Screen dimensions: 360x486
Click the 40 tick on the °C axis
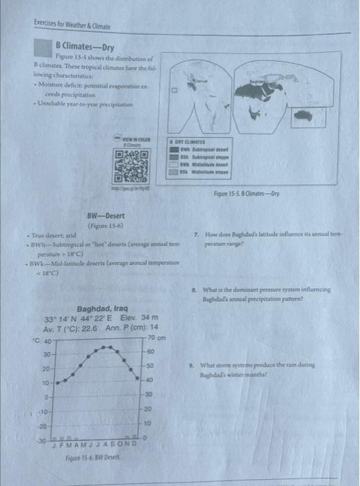coord(50,341)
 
